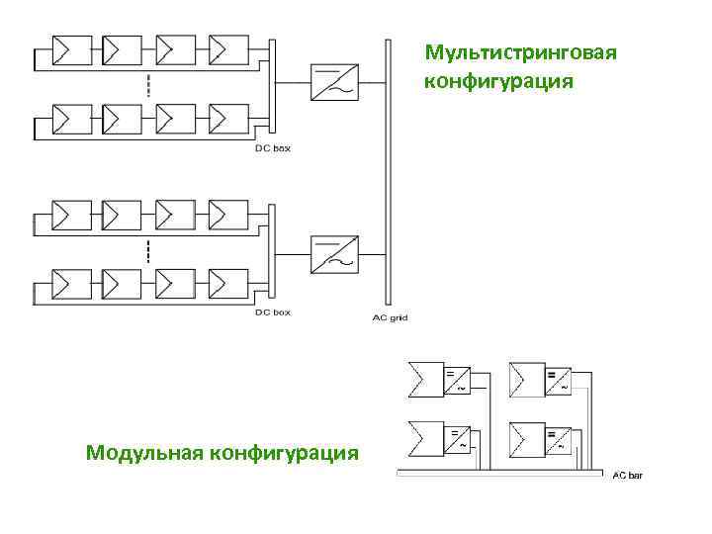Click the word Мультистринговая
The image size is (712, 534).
tap(520, 52)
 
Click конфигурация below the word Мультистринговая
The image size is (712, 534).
tap(498, 80)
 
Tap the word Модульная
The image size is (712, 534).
tap(144, 453)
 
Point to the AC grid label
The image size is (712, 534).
tap(390, 317)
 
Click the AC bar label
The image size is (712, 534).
tap(627, 477)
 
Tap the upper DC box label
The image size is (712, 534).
tap(273, 148)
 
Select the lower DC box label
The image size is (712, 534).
tap(273, 312)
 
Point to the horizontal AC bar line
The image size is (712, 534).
tap(499, 472)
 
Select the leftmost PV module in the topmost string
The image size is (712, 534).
tap(70, 49)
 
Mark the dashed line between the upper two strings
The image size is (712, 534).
tap(148, 85)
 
